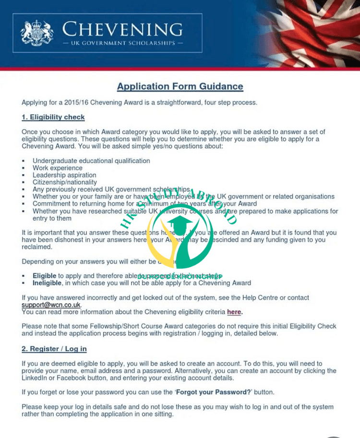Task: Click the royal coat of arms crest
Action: tap(37, 33)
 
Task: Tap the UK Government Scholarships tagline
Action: tap(122, 44)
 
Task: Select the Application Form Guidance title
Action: tap(180, 87)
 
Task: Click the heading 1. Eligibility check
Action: tap(53, 117)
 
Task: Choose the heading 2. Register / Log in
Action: tap(54, 349)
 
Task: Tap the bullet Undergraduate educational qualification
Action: tap(91, 161)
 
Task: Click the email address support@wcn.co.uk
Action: tap(51, 305)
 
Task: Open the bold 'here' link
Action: tap(234, 312)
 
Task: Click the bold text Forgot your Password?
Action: tap(214, 392)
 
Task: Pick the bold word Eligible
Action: tap(45, 276)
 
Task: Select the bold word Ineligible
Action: tap(47, 283)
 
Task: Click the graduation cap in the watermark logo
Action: tap(179, 224)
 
